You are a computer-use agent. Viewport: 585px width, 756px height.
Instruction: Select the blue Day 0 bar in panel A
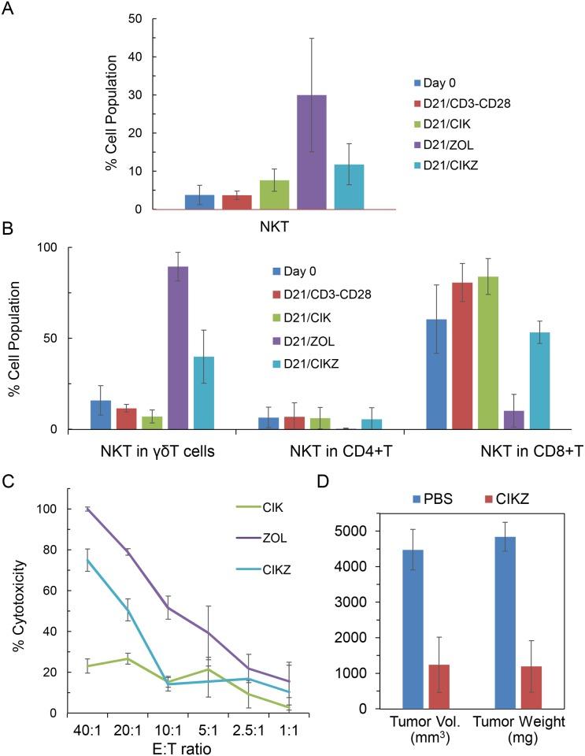coord(199,202)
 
